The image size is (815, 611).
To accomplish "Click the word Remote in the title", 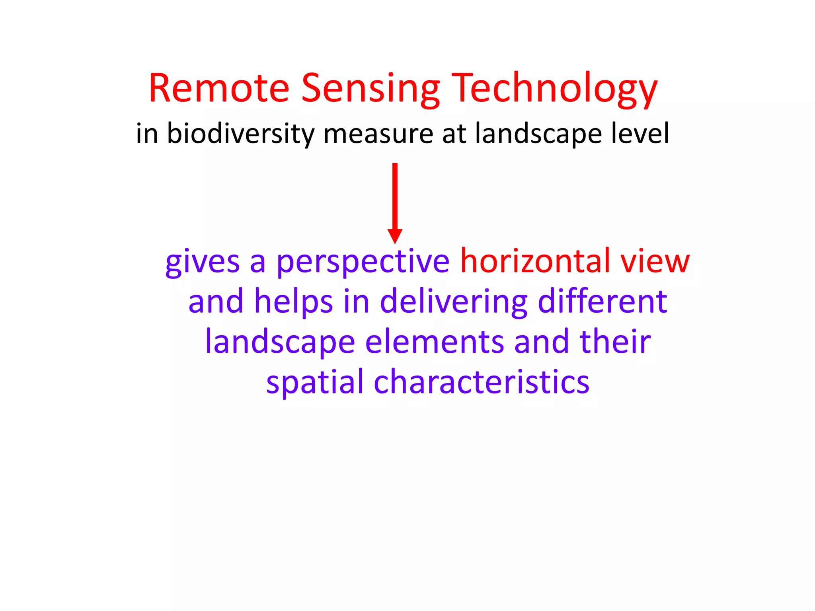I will [x=219, y=88].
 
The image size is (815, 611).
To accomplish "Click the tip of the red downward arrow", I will [x=395, y=242].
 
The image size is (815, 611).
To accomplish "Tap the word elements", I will [x=435, y=342].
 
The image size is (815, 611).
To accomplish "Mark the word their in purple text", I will [x=615, y=342].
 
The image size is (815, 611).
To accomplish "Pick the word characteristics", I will [x=482, y=382].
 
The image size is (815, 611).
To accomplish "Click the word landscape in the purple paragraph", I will [x=280, y=342].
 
